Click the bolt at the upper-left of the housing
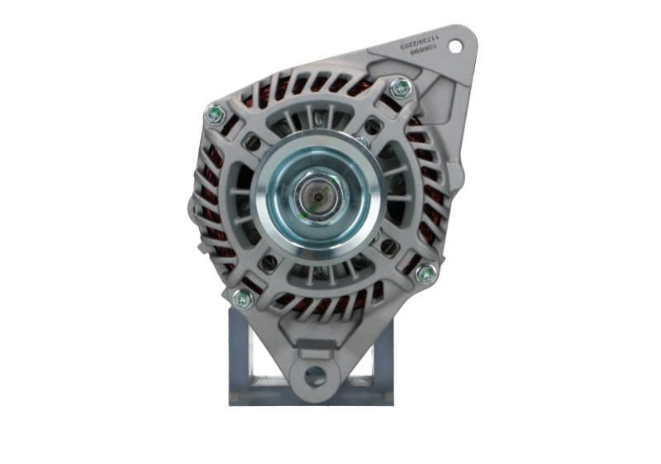click(215, 115)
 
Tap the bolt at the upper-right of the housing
click(400, 87)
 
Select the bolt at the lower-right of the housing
click(426, 272)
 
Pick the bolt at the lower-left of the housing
click(242, 298)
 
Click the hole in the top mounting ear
click(455, 46)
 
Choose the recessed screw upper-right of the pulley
click(373, 127)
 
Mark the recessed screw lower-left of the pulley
click(268, 263)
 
